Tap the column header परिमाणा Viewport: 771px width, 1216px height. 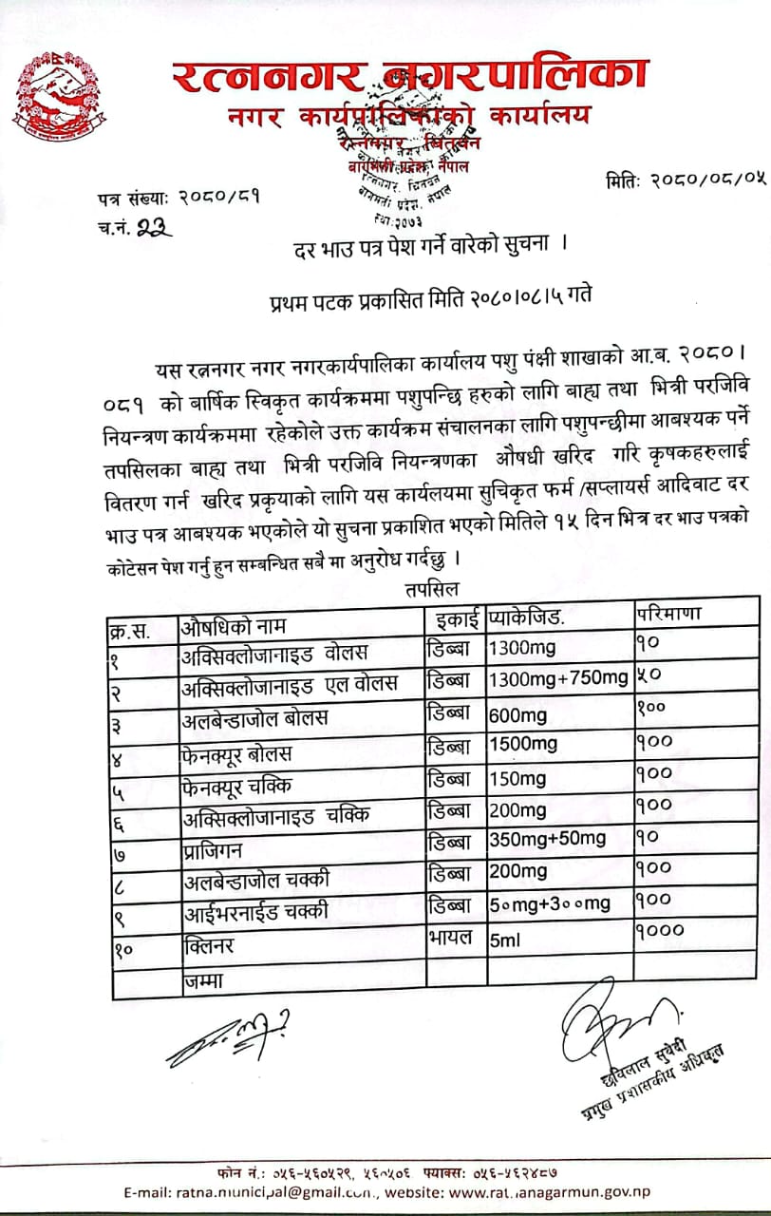668,614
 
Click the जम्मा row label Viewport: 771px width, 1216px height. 202,979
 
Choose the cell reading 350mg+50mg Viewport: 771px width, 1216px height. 547,839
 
